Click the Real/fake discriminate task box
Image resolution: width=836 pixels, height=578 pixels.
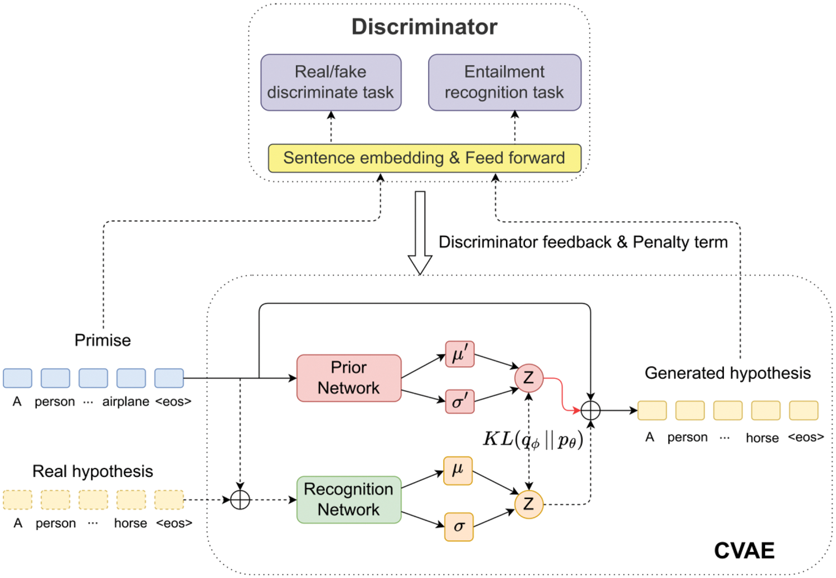[x=330, y=82]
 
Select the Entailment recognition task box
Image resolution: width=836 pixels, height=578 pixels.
[x=504, y=82]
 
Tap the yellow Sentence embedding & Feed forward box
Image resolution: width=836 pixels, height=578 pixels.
[x=424, y=158]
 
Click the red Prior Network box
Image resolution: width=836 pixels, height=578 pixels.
[x=349, y=378]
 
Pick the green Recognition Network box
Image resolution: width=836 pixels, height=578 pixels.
[x=349, y=499]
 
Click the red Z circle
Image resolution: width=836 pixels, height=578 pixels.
[x=528, y=378]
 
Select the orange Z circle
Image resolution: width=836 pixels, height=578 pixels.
[x=528, y=504]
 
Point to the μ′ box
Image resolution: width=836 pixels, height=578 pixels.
[x=460, y=354]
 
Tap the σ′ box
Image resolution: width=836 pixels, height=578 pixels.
[x=460, y=401]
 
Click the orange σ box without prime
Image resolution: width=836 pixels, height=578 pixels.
[x=459, y=527]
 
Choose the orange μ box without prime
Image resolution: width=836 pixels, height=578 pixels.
[x=458, y=470]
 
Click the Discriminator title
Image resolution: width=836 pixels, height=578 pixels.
[x=424, y=27]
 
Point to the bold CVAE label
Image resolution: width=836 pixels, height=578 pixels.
[x=744, y=551]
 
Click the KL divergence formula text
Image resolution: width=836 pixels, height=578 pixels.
[x=533, y=439]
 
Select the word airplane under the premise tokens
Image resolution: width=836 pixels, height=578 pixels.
[x=125, y=402]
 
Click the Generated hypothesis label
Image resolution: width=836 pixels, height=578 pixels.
[x=727, y=373]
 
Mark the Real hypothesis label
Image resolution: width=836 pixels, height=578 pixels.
[x=93, y=472]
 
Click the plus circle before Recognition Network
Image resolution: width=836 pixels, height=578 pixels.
[x=240, y=500]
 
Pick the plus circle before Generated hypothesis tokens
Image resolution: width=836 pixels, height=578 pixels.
[x=590, y=411]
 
